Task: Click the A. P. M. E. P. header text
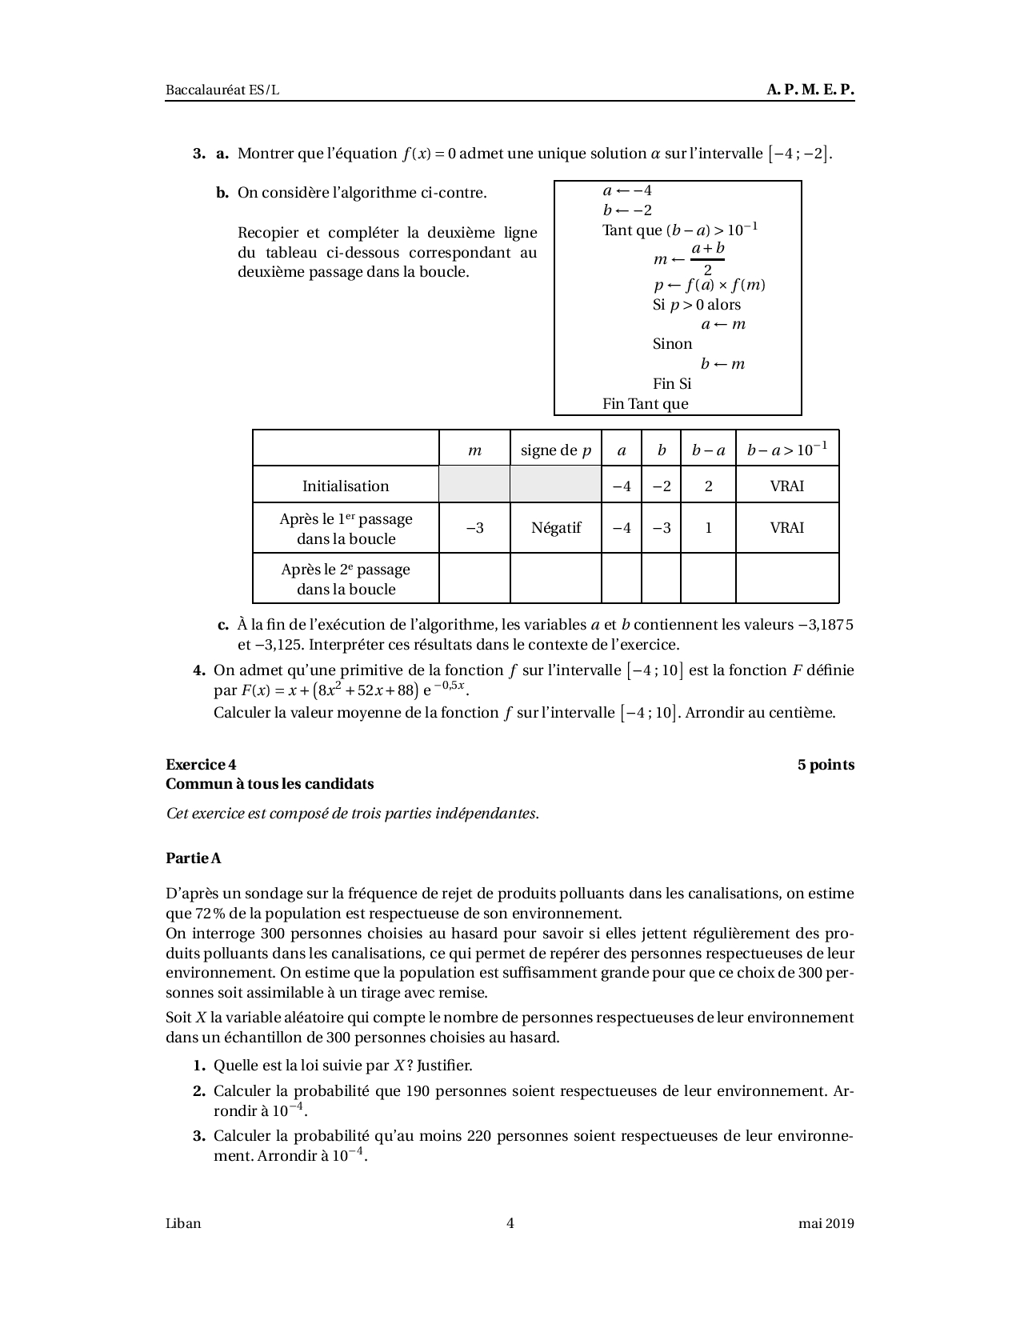810,90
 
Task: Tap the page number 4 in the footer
510,1222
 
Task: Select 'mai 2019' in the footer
826,1222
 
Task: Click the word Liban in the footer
183,1222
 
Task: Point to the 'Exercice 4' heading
201,764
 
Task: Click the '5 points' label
826,764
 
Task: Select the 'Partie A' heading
194,858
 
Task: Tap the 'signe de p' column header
556,450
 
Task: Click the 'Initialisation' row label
346,486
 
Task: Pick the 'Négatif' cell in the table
556,528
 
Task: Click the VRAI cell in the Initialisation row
787,486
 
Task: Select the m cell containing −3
474,528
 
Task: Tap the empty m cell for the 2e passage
474,578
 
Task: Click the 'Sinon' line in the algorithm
672,344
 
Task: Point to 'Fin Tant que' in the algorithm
645,403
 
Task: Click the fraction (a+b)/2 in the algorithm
708,258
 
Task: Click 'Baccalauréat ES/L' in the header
222,90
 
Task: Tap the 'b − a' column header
708,450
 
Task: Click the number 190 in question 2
419,1090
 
